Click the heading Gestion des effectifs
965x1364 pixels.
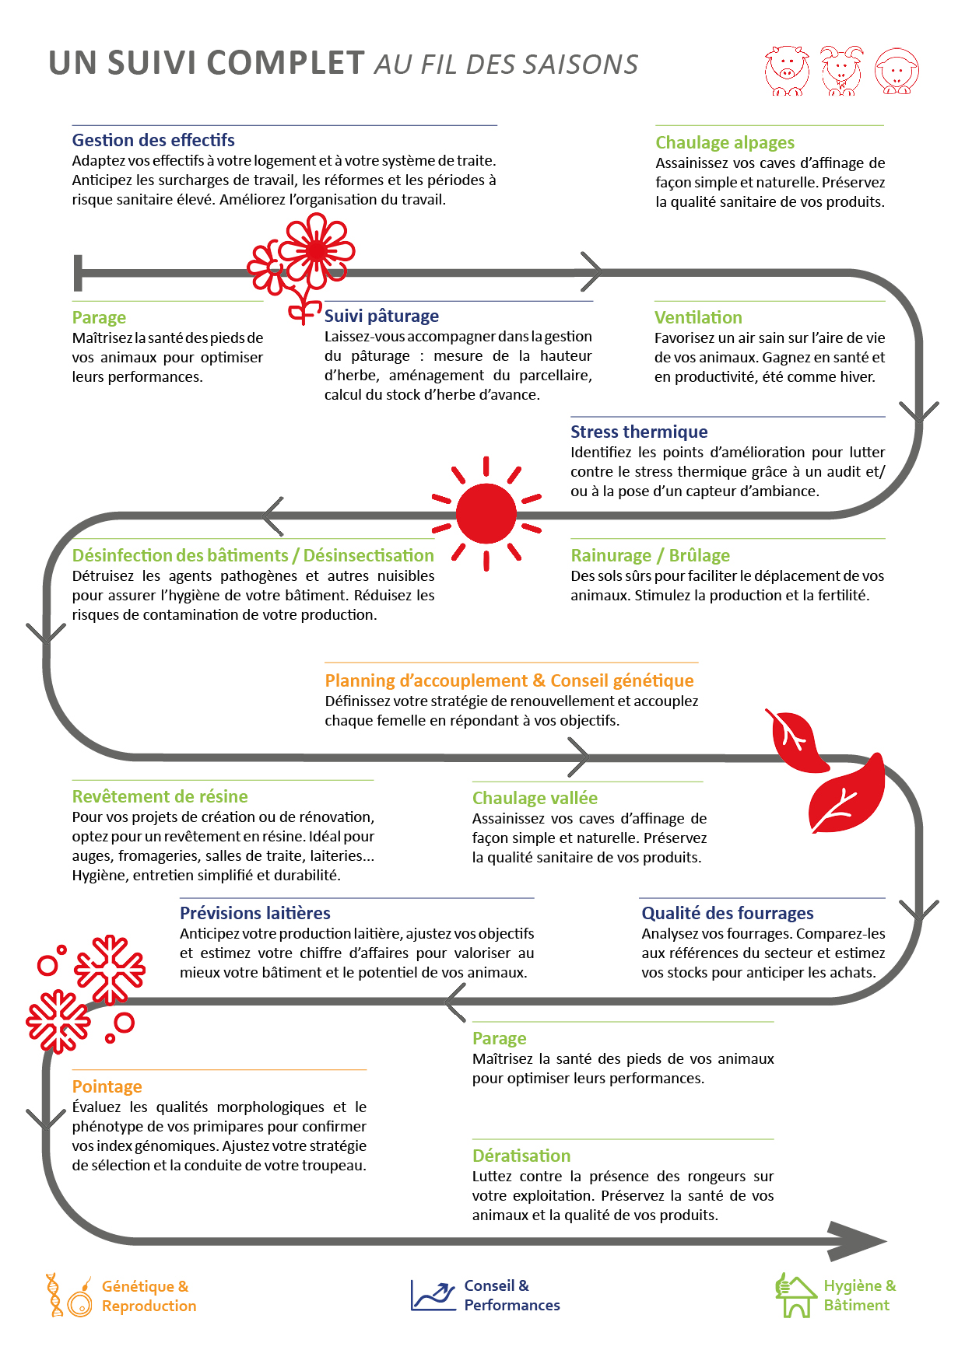point(153,140)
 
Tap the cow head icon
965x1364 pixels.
point(786,71)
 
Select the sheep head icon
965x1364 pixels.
point(897,72)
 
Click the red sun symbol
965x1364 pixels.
point(486,513)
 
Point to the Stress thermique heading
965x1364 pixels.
point(639,432)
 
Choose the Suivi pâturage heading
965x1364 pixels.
point(381,316)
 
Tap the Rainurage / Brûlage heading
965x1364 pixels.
point(650,555)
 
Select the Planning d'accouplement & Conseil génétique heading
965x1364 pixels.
point(509,680)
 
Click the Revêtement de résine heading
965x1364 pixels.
point(160,796)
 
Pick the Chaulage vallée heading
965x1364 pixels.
point(535,798)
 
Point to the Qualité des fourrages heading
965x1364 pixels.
point(727,913)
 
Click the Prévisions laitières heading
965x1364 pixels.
point(254,913)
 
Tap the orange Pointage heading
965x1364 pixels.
point(107,1086)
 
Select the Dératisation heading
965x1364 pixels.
point(521,1156)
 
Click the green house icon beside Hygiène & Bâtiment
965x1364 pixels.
point(794,1296)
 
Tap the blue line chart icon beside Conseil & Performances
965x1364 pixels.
point(433,1296)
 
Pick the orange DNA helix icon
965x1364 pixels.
point(54,1295)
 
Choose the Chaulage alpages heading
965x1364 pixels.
point(725,142)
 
